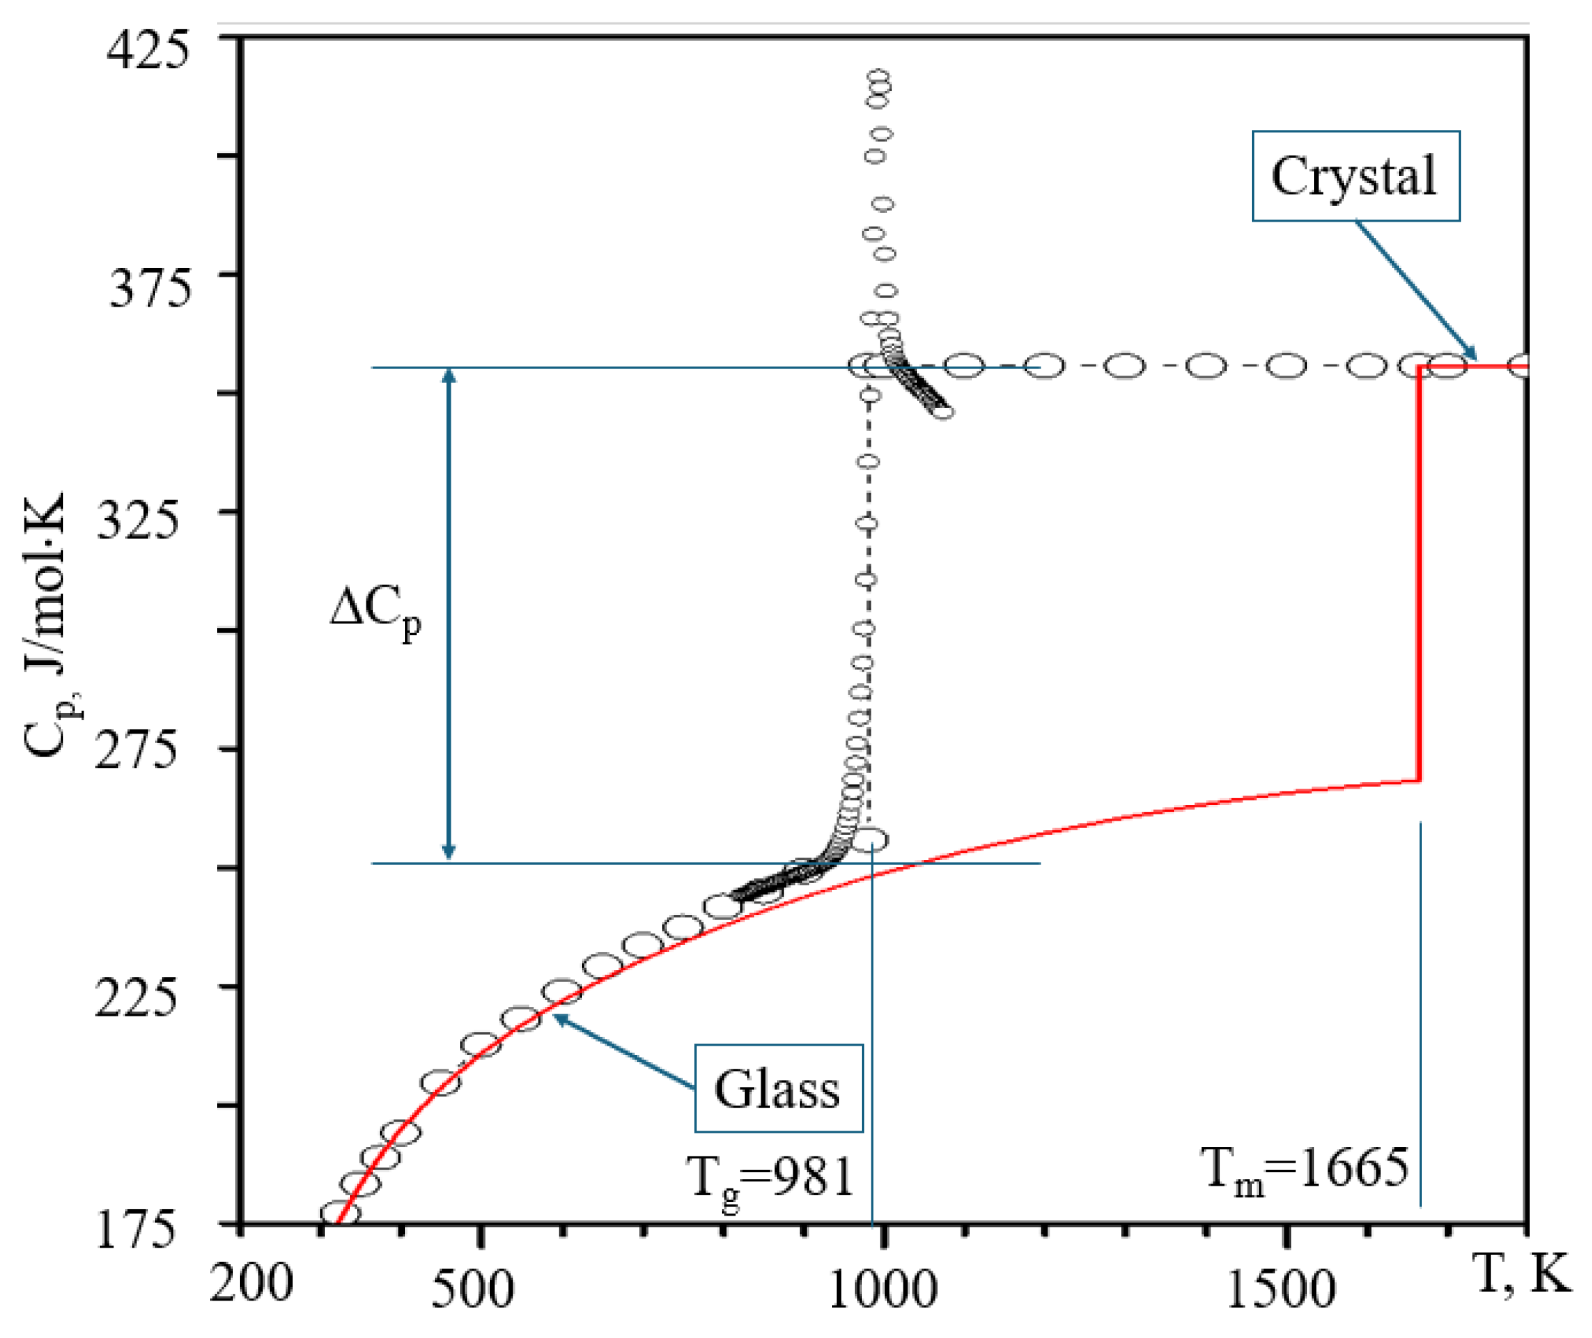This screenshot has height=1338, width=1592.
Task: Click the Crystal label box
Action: [x=1355, y=176]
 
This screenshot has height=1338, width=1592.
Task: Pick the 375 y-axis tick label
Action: [x=150, y=288]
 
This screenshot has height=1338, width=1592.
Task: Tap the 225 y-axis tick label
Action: [x=135, y=996]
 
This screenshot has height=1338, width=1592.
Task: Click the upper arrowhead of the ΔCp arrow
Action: [x=448, y=377]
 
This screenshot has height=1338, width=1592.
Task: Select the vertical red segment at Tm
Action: [x=1418, y=577]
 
